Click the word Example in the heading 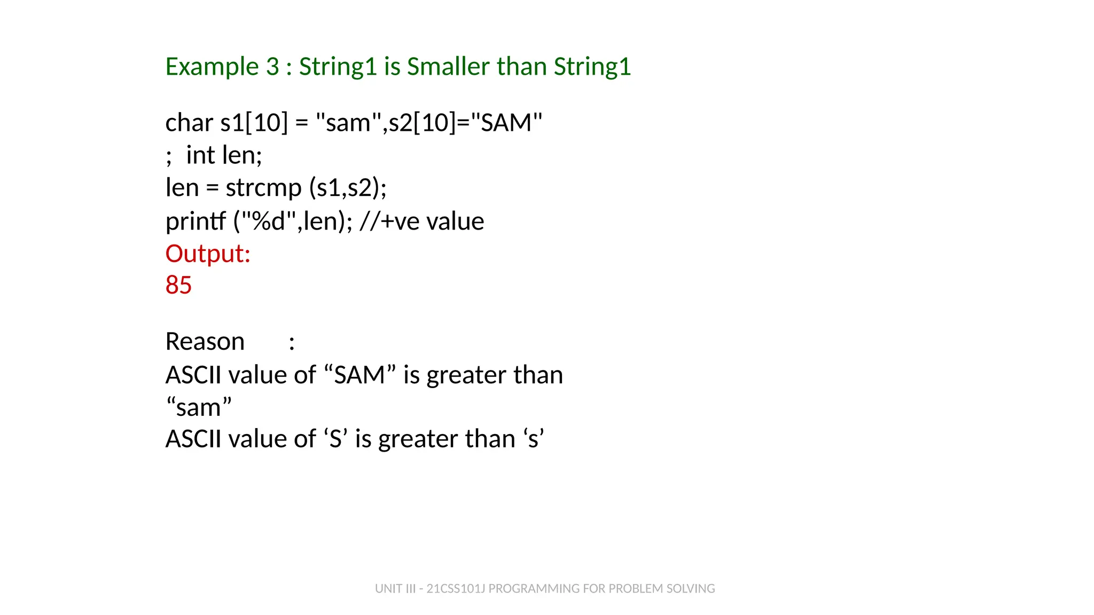coord(212,67)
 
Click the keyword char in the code coord(189,123)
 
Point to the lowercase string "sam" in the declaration coord(348,123)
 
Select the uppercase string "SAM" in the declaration coord(506,123)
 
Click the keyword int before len coord(200,155)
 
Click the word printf coord(196,222)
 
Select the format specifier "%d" coord(269,222)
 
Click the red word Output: coord(208,254)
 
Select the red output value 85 coord(178,285)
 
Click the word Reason coord(205,342)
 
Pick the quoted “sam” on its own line coord(199,408)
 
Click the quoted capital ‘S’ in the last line coord(335,439)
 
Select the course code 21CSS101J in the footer coord(456,588)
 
